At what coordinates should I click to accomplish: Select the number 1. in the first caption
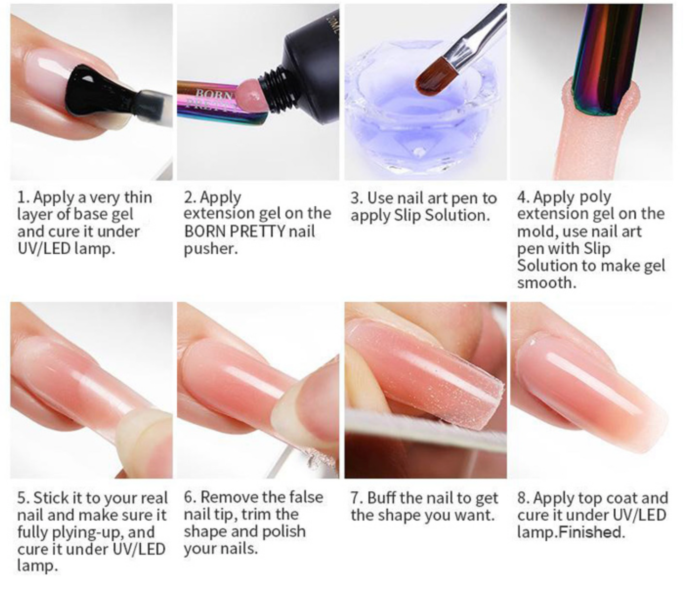pyautogui.click(x=23, y=198)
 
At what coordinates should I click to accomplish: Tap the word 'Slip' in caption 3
pyautogui.click(x=408, y=215)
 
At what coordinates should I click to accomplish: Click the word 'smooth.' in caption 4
pyautogui.click(x=546, y=283)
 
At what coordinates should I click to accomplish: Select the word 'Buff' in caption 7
pyautogui.click(x=382, y=498)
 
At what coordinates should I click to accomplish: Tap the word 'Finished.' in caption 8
pyautogui.click(x=591, y=532)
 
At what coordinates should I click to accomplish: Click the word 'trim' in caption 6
pyautogui.click(x=257, y=515)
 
